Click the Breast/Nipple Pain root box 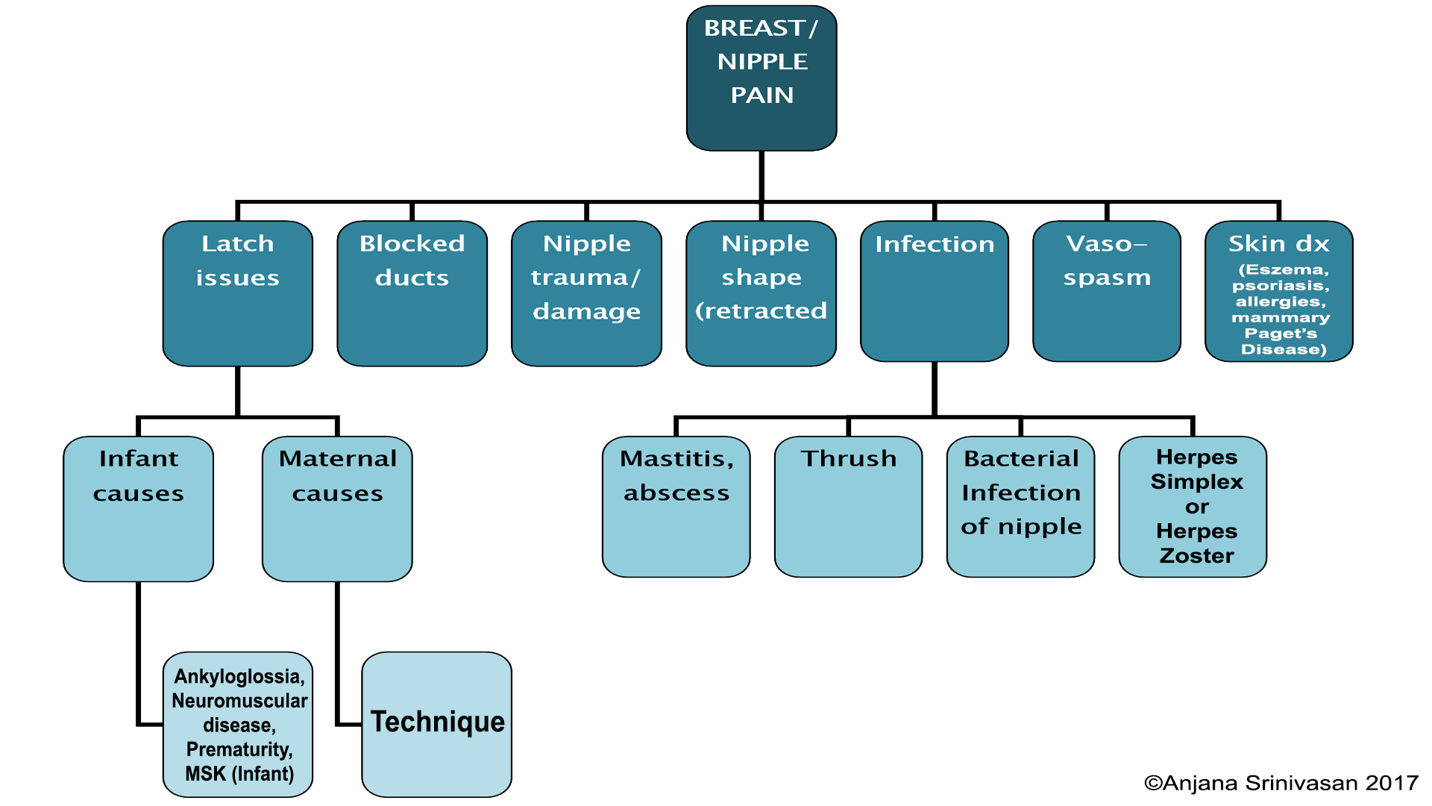(x=761, y=78)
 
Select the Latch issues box (x=238, y=293)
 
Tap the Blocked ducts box (x=412, y=293)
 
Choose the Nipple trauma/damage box (x=587, y=293)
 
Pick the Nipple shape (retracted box (x=761, y=293)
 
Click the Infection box (x=935, y=291)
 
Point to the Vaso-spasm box (x=1107, y=291)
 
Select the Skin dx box (x=1279, y=291)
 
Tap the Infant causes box (x=139, y=509)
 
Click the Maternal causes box (x=337, y=509)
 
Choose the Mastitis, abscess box (x=676, y=507)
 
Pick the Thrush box (x=849, y=507)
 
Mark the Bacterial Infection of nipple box (x=1021, y=507)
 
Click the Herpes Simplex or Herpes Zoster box (x=1193, y=507)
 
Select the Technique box (x=437, y=725)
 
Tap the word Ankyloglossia (x=238, y=677)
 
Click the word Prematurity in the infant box (x=239, y=749)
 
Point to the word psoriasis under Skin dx (x=1280, y=286)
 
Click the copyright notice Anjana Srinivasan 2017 (x=1281, y=783)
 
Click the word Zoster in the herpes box (x=1197, y=556)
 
